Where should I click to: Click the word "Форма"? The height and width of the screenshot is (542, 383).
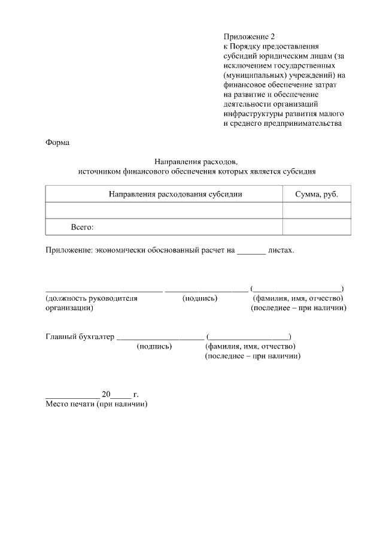pos(57,143)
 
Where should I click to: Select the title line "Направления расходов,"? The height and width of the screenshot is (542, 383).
pos(197,162)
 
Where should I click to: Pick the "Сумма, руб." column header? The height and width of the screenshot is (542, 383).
pos(317,194)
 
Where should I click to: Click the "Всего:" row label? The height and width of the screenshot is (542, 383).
pos(83,228)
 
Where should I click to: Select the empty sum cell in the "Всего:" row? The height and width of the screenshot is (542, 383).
pos(317,228)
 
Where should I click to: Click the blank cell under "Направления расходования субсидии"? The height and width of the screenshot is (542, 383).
pos(164,211)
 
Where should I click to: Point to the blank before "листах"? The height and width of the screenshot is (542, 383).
pos(251,250)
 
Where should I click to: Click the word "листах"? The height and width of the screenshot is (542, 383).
pos(281,250)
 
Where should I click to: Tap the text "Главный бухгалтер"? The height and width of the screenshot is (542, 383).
pos(80,337)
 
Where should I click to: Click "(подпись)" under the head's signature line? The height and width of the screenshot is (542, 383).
pos(200,298)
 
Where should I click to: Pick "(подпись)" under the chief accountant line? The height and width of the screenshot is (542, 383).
pos(154,346)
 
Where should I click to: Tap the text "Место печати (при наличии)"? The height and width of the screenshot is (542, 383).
pos(96,404)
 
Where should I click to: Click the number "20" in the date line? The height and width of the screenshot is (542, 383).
pos(107,395)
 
